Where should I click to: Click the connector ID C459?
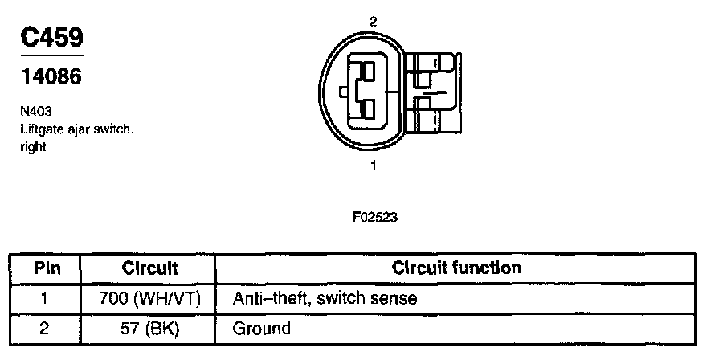pyautogui.click(x=50, y=37)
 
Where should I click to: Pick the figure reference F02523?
pyautogui.click(x=374, y=217)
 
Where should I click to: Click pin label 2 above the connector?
pyautogui.click(x=374, y=22)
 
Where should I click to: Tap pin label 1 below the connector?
pyautogui.click(x=374, y=166)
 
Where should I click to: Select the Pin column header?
pyautogui.click(x=45, y=268)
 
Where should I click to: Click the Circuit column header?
pyautogui.click(x=149, y=268)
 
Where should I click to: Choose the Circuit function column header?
pyautogui.click(x=456, y=268)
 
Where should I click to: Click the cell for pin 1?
pyautogui.click(x=45, y=299)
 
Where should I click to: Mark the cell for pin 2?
pyautogui.click(x=45, y=329)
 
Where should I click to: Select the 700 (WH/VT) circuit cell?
pyautogui.click(x=149, y=299)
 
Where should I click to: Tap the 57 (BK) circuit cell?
pyautogui.click(x=149, y=329)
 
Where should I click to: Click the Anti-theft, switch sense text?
pyautogui.click(x=325, y=299)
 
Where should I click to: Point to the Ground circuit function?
pyautogui.click(x=261, y=329)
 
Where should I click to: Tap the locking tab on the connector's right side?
pyautogui.click(x=435, y=92)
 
